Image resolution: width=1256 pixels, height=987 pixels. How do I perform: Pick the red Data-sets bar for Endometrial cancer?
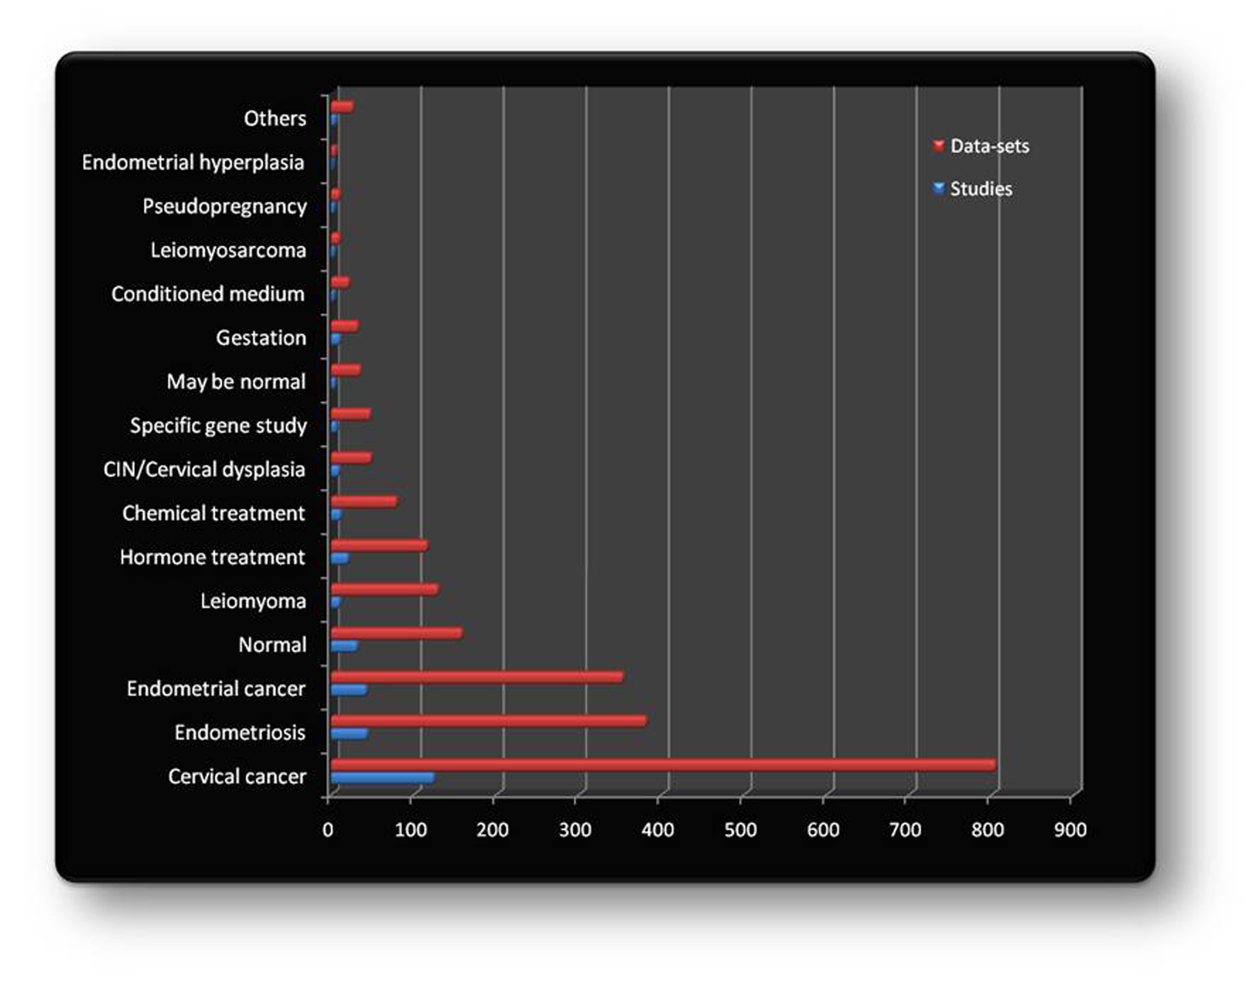pos(477,677)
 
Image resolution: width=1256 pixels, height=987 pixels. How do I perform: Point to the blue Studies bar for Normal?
pos(344,646)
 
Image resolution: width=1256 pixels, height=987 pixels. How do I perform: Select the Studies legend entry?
pos(980,189)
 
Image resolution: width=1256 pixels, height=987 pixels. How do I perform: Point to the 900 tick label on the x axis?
pos(1070,830)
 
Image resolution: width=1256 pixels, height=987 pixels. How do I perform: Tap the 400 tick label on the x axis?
pos(658,830)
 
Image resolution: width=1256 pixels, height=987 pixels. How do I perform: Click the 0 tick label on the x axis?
pos(328,830)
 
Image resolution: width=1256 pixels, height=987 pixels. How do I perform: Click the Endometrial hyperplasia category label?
pos(193,162)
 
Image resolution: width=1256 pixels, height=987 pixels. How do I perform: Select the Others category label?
pos(274,118)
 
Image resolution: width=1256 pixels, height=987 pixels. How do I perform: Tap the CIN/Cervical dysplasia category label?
pos(204,469)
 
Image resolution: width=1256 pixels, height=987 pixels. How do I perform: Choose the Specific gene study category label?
pos(219,425)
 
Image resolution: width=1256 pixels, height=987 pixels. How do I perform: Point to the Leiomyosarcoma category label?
pos(228,250)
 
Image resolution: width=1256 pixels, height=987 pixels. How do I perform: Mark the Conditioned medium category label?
pos(208,294)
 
